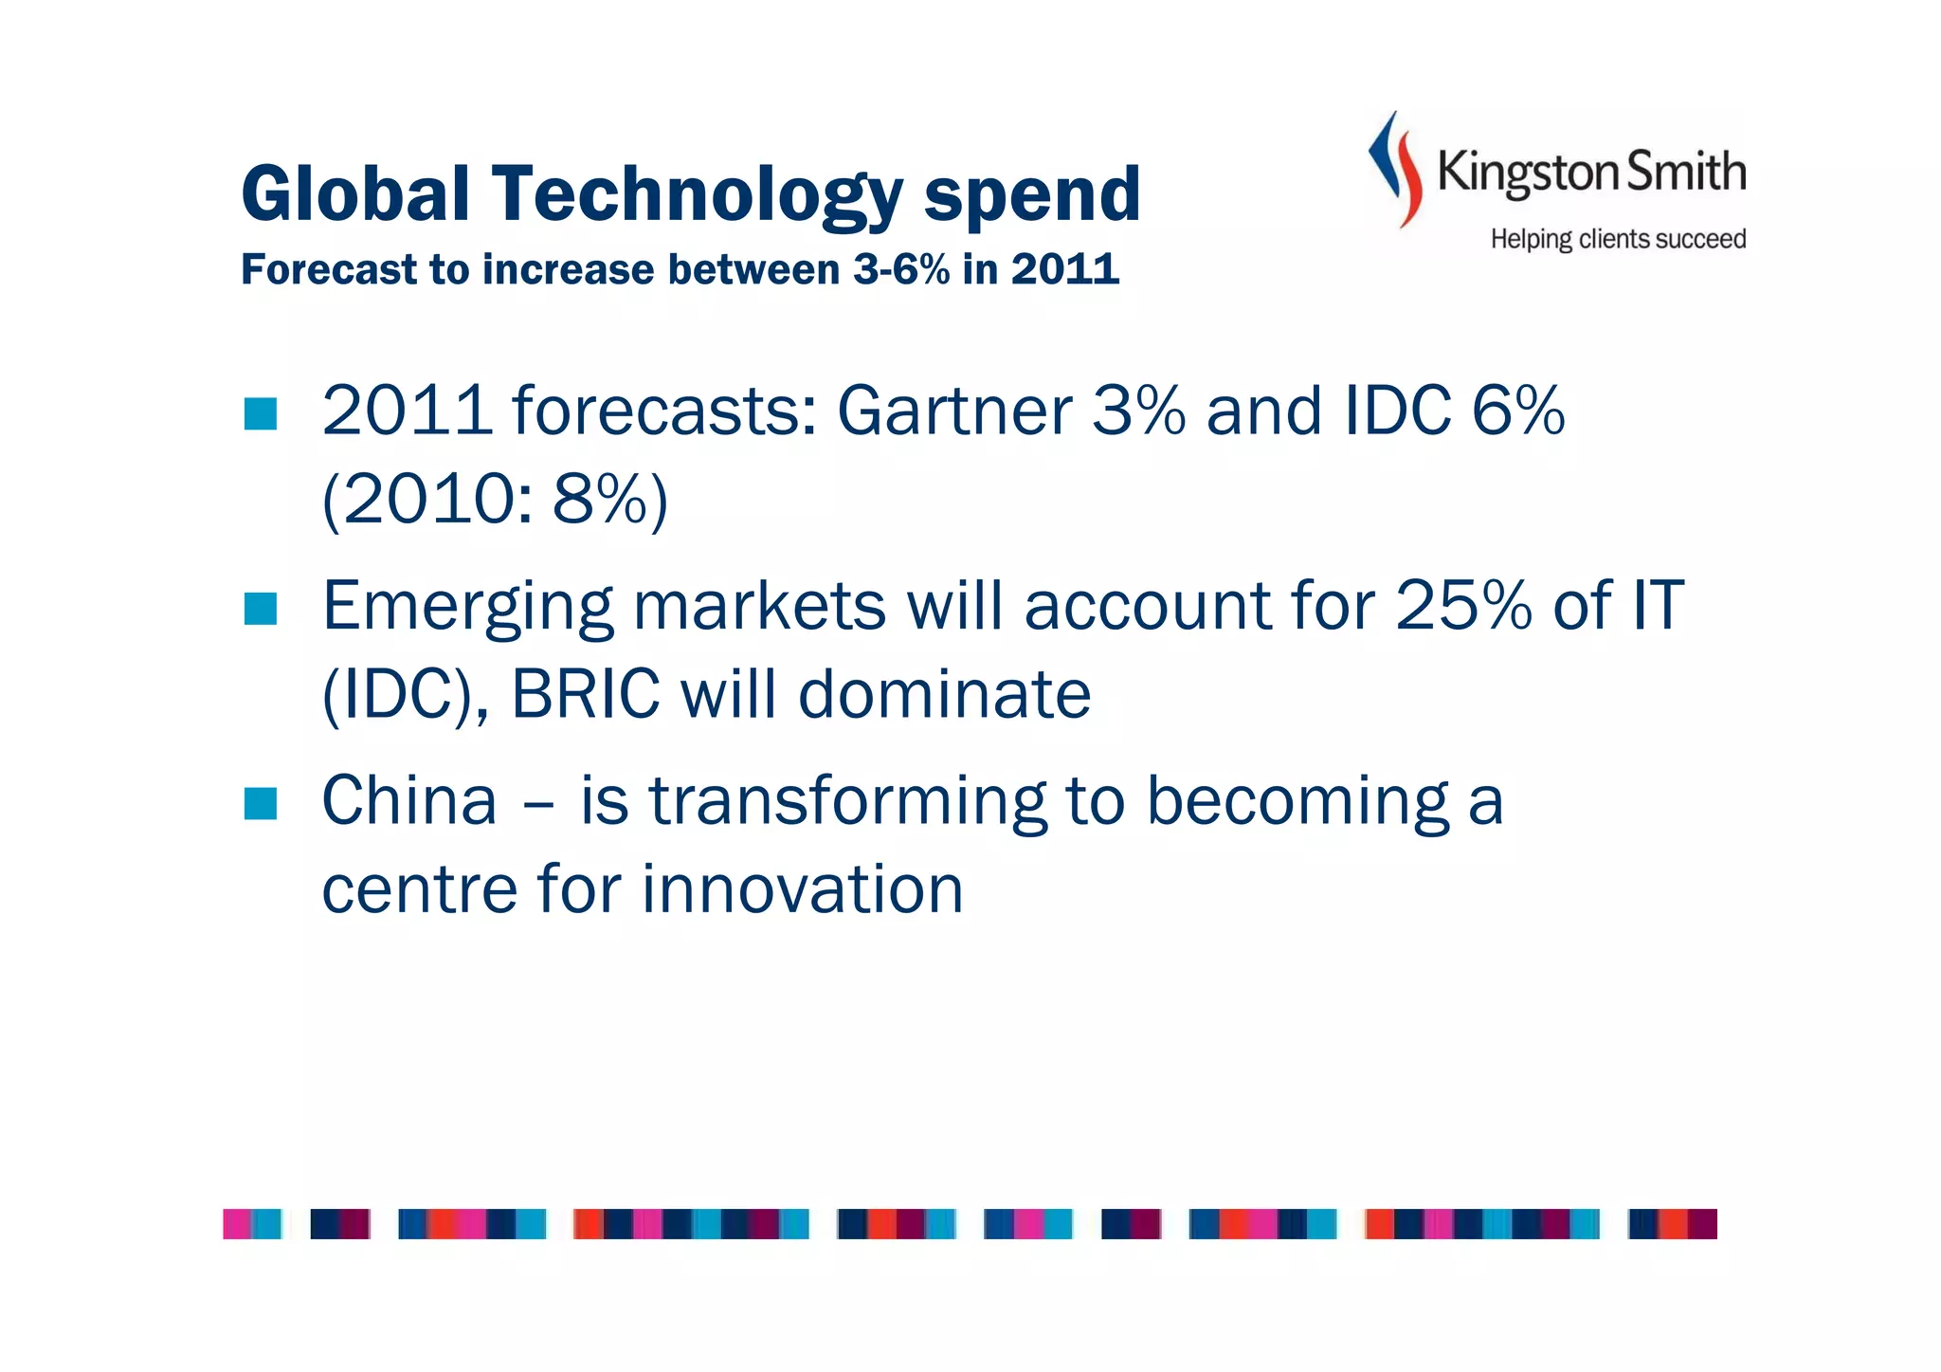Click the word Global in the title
coord(355,194)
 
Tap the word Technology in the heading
coord(697,194)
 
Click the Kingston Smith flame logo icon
coord(1396,170)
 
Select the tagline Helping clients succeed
coord(1618,239)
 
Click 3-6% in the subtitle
coord(901,270)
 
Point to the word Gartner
coord(953,411)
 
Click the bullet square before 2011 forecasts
coord(260,413)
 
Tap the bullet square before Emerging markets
coord(260,609)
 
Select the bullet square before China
coord(260,803)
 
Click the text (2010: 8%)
coord(495,500)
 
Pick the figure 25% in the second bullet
coord(1463,605)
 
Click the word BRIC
coord(585,694)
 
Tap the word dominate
coord(944,694)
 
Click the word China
coord(409,801)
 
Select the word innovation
coord(802,889)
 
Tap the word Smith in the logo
coord(1686,172)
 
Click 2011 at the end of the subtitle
coord(1064,270)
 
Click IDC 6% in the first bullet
coord(1454,411)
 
